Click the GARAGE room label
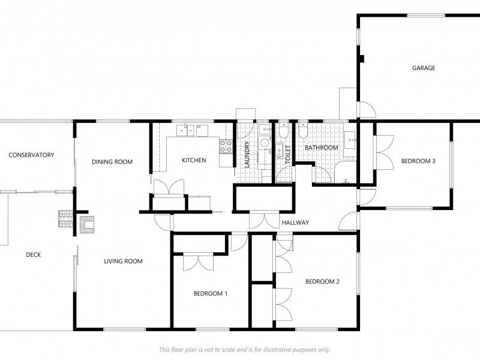pyautogui.click(x=424, y=68)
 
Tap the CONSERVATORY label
pyautogui.click(x=31, y=155)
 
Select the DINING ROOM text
pyautogui.click(x=112, y=161)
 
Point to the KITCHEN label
pyautogui.click(x=194, y=160)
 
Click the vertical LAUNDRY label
pyautogui.click(x=247, y=154)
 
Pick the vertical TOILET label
pyautogui.click(x=288, y=155)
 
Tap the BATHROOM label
pyautogui.click(x=322, y=148)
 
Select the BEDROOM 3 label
pyautogui.click(x=418, y=161)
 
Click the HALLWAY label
pyautogui.click(x=295, y=223)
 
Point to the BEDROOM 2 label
pyautogui.click(x=322, y=281)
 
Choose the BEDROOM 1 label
pyautogui.click(x=211, y=293)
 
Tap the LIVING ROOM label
pyautogui.click(x=123, y=261)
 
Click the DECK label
pyautogui.click(x=34, y=254)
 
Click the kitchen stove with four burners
pyautogui.click(x=226, y=146)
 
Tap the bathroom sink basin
pyautogui.click(x=350, y=140)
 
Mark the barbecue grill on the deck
pyautogui.click(x=66, y=219)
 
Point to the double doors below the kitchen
pyautogui.click(x=169, y=187)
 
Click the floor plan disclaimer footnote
pyautogui.click(x=245, y=349)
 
